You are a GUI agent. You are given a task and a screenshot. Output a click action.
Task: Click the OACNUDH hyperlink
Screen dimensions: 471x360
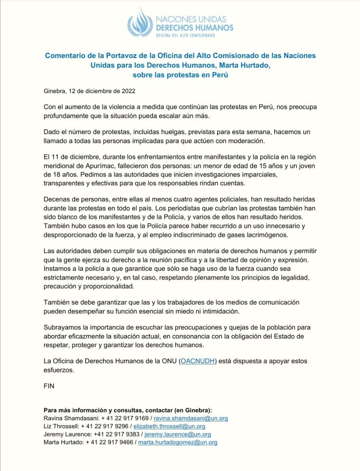197,361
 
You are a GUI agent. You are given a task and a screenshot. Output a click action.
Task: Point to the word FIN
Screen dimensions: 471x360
49,386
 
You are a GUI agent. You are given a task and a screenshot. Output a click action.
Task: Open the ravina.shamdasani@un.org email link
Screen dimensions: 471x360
191,418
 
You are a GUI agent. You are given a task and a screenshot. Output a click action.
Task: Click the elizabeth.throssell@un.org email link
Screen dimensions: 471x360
169,426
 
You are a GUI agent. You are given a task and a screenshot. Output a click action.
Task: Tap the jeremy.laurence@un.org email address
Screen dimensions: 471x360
175,435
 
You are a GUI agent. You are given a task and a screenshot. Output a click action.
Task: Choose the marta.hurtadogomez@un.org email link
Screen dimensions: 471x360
178,443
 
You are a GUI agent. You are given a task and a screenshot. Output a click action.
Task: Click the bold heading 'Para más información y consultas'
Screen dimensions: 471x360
127,410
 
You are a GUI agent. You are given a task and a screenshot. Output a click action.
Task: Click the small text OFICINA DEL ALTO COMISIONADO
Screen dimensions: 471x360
186,35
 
